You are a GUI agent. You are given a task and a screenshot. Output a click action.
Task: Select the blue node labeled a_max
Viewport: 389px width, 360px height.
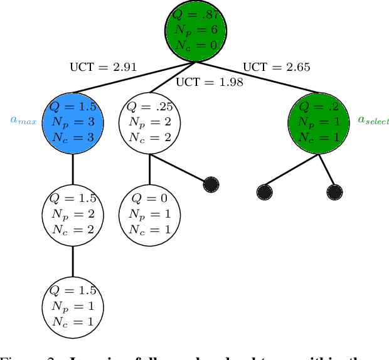[72, 122]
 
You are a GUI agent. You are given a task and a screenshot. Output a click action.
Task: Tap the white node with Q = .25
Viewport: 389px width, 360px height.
[149, 122]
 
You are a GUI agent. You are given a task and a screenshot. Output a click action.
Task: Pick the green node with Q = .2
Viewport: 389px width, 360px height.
[320, 122]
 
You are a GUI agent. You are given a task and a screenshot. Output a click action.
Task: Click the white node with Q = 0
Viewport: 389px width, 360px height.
[149, 214]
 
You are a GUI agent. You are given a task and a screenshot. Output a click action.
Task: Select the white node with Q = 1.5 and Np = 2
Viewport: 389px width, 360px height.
[72, 214]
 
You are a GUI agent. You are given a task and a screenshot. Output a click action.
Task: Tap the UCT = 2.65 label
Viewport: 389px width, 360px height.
[276, 66]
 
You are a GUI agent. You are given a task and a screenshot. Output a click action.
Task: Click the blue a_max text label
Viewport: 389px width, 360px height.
[23, 119]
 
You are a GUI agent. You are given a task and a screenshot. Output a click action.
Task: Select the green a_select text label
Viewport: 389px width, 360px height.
[373, 119]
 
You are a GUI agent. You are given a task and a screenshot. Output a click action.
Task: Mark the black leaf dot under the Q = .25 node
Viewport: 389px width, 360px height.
[211, 184]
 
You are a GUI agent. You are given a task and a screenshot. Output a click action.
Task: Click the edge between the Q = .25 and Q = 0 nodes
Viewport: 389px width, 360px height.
[149, 168]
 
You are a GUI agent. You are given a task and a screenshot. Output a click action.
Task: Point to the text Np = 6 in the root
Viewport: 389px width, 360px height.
[195, 30]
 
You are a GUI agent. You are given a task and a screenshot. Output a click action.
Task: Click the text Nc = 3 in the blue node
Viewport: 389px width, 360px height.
[72, 137]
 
